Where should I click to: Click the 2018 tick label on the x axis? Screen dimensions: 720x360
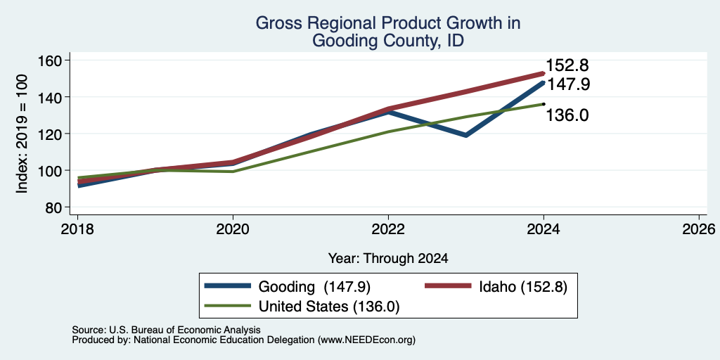77,229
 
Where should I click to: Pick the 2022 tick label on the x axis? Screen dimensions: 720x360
388,229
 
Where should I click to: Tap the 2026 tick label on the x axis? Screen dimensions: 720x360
699,229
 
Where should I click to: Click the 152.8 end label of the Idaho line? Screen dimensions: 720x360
567,65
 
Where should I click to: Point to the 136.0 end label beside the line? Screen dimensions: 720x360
567,115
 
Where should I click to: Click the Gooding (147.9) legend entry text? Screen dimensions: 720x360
314,287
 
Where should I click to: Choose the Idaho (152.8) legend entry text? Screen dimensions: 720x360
523,287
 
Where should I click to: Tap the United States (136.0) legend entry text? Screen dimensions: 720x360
329,307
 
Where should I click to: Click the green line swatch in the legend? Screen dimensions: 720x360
229,305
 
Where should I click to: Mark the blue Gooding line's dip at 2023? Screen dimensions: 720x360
466,136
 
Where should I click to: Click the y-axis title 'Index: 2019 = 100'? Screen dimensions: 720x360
22,134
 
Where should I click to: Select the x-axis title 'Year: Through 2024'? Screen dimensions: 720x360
388,259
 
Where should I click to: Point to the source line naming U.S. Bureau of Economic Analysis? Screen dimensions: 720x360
166,330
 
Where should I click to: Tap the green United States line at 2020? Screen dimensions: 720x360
233,172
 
